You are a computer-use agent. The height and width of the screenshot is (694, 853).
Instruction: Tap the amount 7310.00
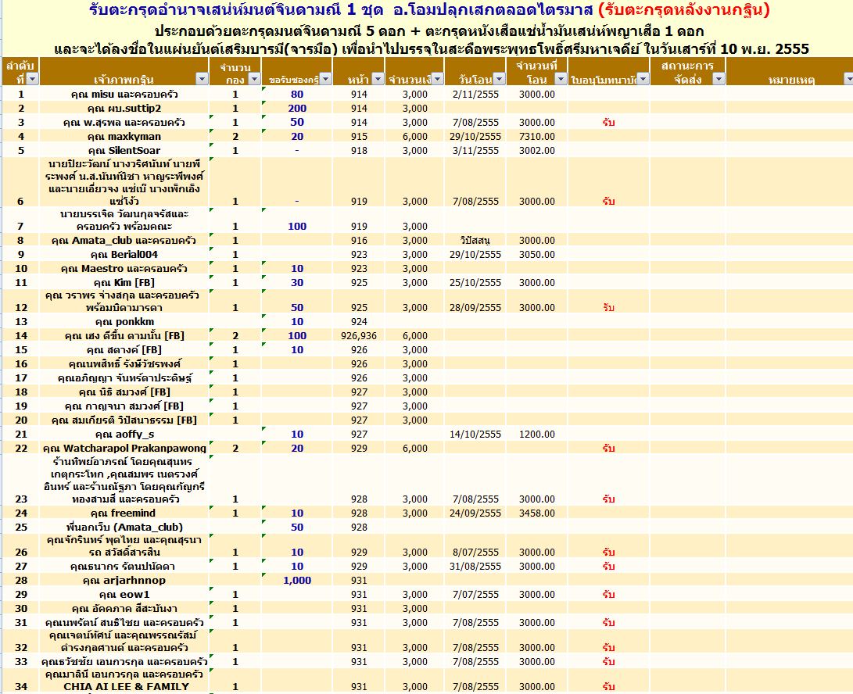536,137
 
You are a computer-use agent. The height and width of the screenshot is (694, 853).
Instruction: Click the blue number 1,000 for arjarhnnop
297,581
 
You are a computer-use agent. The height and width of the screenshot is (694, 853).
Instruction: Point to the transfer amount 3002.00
536,151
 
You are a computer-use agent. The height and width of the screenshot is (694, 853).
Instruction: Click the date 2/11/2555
475,95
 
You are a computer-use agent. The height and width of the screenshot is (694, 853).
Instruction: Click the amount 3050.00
536,255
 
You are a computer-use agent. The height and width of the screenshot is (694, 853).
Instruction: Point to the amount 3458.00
536,513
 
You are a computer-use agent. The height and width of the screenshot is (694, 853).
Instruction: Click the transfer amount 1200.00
536,435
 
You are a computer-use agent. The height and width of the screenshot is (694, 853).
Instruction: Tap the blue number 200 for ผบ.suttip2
297,109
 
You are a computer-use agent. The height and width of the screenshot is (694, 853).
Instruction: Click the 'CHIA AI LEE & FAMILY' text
126,687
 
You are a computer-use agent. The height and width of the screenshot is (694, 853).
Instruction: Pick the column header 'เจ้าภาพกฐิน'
116,79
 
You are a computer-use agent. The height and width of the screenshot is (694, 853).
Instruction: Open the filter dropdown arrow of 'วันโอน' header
500,79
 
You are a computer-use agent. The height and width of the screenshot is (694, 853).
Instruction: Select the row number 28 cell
21,581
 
